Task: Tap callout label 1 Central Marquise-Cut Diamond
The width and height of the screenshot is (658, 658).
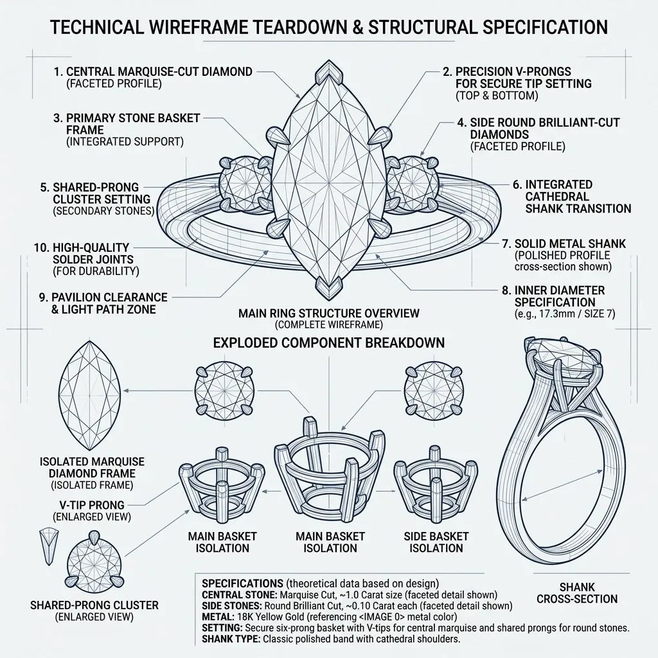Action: coord(153,77)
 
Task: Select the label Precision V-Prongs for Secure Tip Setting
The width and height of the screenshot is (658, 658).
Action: coord(517,84)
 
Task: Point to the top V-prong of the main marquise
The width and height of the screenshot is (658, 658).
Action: coord(328,72)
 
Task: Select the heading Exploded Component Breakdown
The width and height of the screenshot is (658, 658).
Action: coord(328,343)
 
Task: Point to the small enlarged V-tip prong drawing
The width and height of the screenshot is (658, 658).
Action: coord(49,546)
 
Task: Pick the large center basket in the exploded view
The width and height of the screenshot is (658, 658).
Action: coord(330,470)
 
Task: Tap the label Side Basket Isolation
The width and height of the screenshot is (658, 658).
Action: coord(436,542)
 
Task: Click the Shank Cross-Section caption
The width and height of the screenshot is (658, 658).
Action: coord(577,593)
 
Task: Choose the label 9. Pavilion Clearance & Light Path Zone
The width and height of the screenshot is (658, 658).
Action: coord(103,303)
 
